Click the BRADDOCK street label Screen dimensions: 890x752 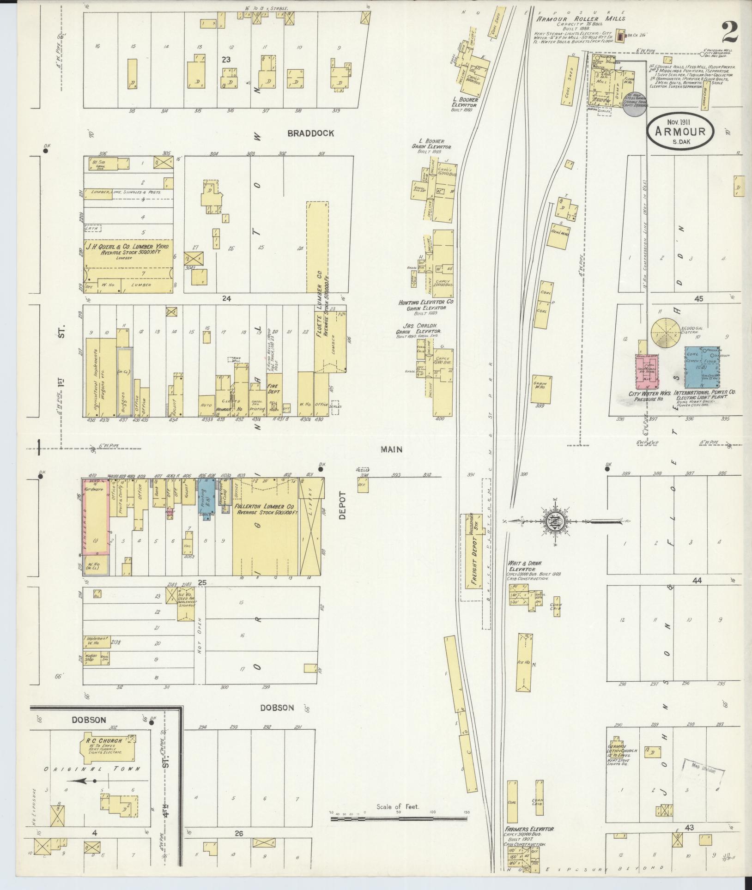(310, 133)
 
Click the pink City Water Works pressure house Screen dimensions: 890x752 (647, 372)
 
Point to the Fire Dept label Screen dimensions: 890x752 (274, 388)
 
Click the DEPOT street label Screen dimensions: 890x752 (342, 506)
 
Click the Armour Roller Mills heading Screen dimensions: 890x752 (580, 18)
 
